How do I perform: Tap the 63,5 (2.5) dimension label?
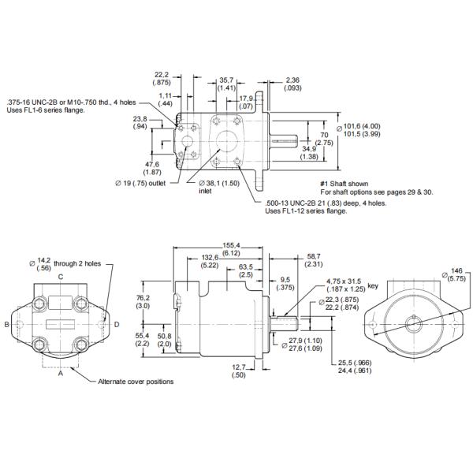pos(245,271)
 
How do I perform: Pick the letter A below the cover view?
pos(61,374)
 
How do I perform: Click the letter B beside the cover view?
pos(6,323)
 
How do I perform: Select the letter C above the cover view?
pos(61,277)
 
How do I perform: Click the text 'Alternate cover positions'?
pos(135,381)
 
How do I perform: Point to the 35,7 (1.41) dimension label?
pos(227,84)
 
